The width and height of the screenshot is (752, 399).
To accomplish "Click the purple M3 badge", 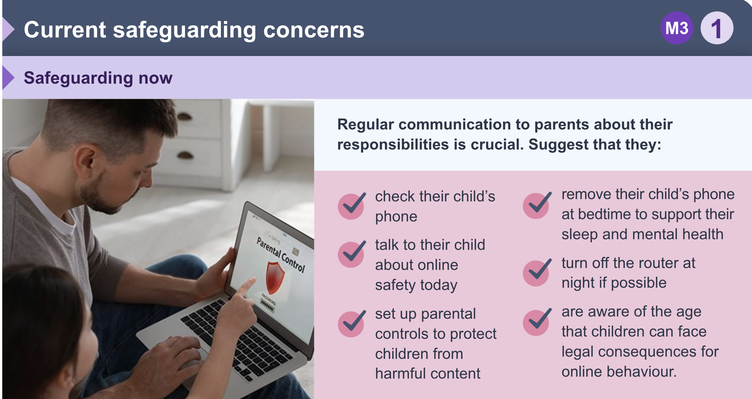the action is pyautogui.click(x=677, y=28).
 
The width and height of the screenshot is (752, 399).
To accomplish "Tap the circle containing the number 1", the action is pyautogui.click(x=717, y=28).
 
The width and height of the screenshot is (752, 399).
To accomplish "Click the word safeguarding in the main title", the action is pyautogui.click(x=185, y=30).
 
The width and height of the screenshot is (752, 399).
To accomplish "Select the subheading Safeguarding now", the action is pyautogui.click(x=98, y=78).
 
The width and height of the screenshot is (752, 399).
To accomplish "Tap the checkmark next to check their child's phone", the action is pyautogui.click(x=352, y=206).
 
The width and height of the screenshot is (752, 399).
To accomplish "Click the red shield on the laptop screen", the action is pyautogui.click(x=275, y=277).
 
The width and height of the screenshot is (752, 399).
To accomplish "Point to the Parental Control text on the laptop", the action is pyautogui.click(x=281, y=254).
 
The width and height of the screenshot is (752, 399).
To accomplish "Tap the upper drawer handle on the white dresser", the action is pyautogui.click(x=184, y=116).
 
